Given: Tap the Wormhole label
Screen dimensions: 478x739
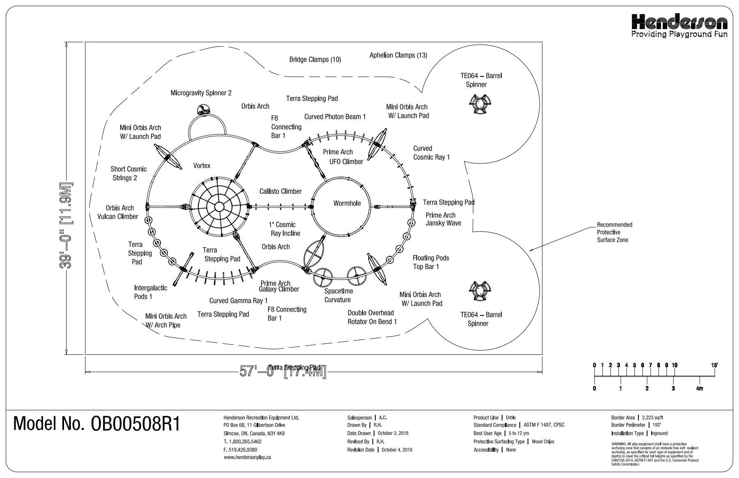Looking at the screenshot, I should tap(347, 203).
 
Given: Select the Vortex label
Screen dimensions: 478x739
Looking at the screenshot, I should tap(202, 165).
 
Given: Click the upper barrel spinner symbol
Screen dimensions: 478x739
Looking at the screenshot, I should tap(479, 103).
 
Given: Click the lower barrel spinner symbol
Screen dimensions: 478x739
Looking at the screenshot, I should tap(479, 290).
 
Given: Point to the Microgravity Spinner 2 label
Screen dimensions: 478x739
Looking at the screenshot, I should tap(201, 93).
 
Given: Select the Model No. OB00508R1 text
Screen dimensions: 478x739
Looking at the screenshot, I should tap(97, 424).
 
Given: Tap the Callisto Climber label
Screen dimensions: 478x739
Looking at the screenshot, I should tap(280, 191).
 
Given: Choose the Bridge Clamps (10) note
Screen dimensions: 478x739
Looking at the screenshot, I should tap(315, 60).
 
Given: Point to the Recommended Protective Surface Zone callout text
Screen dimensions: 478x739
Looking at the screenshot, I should tap(614, 232).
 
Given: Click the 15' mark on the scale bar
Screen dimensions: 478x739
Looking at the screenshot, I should tap(715, 365).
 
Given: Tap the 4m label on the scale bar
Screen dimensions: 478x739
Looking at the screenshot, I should tap(700, 388).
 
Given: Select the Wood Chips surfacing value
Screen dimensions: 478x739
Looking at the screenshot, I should tap(543, 442).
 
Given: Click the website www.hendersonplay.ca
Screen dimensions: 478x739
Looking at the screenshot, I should tap(247, 457).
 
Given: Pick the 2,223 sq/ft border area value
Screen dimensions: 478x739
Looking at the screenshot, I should tap(653, 418).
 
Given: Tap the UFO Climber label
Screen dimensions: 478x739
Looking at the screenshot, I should tap(346, 162).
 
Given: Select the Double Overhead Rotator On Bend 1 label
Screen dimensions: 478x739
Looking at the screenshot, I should tap(372, 317).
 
